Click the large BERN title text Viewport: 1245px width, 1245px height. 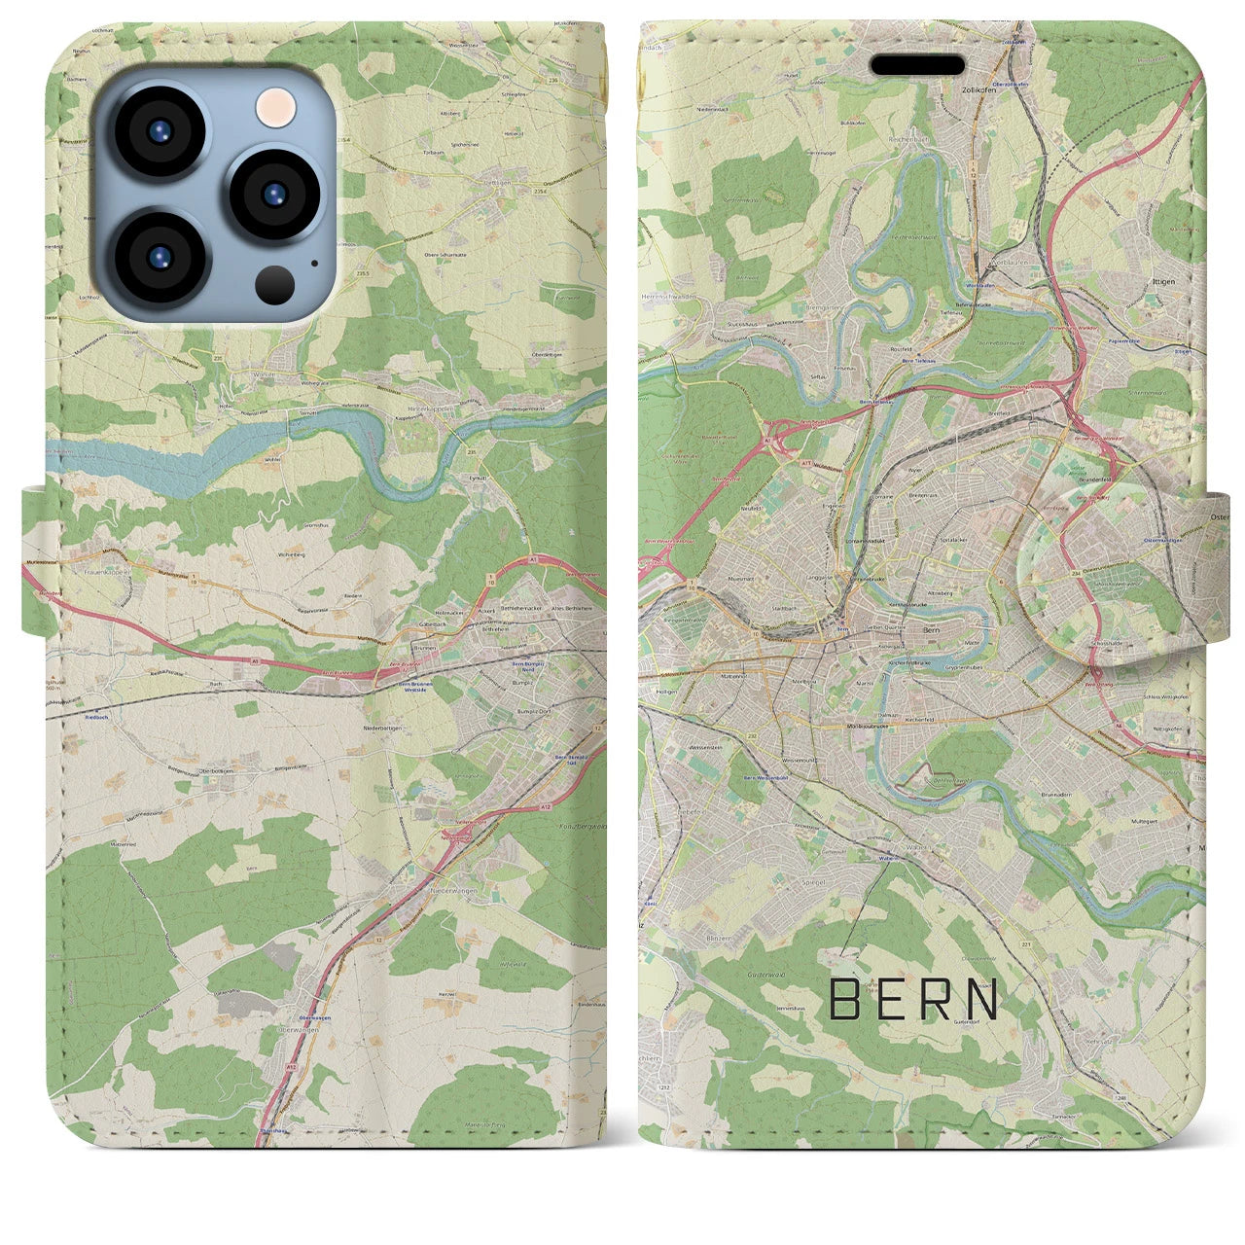pos(914,1000)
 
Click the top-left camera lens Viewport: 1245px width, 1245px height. pos(159,131)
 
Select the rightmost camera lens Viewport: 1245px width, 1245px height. pos(275,194)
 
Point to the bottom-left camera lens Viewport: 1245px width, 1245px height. pos(159,257)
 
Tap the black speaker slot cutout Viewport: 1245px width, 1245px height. pos(917,64)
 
